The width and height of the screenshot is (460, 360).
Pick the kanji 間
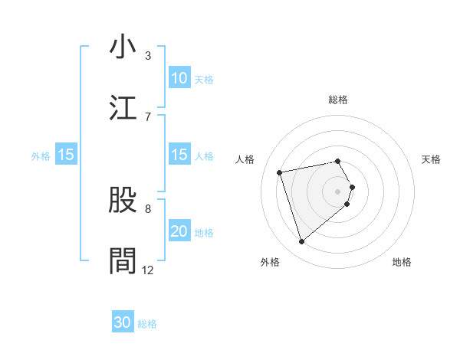tap(123, 260)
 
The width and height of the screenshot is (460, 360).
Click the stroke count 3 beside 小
tap(148, 56)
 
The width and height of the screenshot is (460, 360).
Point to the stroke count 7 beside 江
tap(148, 116)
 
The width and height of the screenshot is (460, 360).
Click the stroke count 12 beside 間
tap(148, 270)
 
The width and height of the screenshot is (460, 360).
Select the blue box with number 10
tap(179, 78)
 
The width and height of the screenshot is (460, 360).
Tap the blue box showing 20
tap(179, 231)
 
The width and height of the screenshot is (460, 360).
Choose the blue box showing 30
tap(123, 322)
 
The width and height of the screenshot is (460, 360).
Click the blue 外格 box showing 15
tap(66, 155)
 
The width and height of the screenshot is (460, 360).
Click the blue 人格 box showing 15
tap(179, 155)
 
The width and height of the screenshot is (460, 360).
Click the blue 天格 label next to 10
tap(204, 79)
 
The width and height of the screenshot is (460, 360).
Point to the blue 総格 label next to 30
tap(147, 324)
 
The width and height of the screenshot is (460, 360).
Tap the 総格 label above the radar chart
tap(338, 100)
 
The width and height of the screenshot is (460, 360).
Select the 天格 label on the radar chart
tap(431, 159)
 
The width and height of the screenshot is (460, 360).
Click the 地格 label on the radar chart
tap(402, 262)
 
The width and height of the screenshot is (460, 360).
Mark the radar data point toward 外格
tap(301, 242)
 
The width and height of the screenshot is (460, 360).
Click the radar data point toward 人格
tap(280, 172)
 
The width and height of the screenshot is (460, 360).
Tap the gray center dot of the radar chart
tap(338, 191)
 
